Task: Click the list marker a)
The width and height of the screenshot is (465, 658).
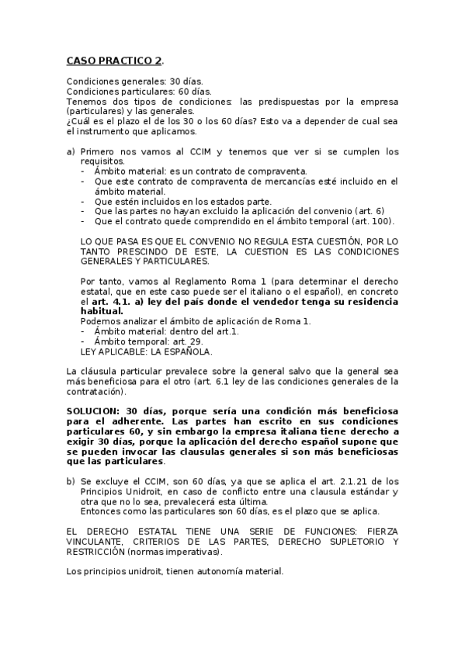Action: coord(71,152)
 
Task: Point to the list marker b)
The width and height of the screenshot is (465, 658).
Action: coord(71,481)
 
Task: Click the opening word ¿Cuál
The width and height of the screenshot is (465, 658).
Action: coord(80,122)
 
